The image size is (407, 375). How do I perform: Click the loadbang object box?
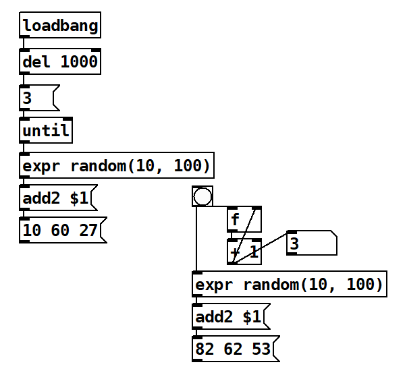(x=60, y=26)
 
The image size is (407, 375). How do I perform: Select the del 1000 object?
(x=60, y=63)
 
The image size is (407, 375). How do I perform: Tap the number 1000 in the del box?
(x=80, y=63)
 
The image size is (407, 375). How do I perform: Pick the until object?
(x=46, y=131)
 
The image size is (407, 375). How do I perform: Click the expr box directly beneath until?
(x=117, y=165)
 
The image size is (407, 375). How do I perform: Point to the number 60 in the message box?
(x=60, y=231)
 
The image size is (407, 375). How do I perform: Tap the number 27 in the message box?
(x=88, y=231)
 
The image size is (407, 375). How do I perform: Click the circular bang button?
(x=202, y=196)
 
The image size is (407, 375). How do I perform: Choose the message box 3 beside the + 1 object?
(x=310, y=243)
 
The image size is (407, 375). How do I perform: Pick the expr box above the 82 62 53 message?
(x=289, y=285)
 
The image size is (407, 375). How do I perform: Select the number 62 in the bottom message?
(x=233, y=349)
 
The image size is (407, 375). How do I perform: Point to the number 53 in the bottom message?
(x=261, y=349)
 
